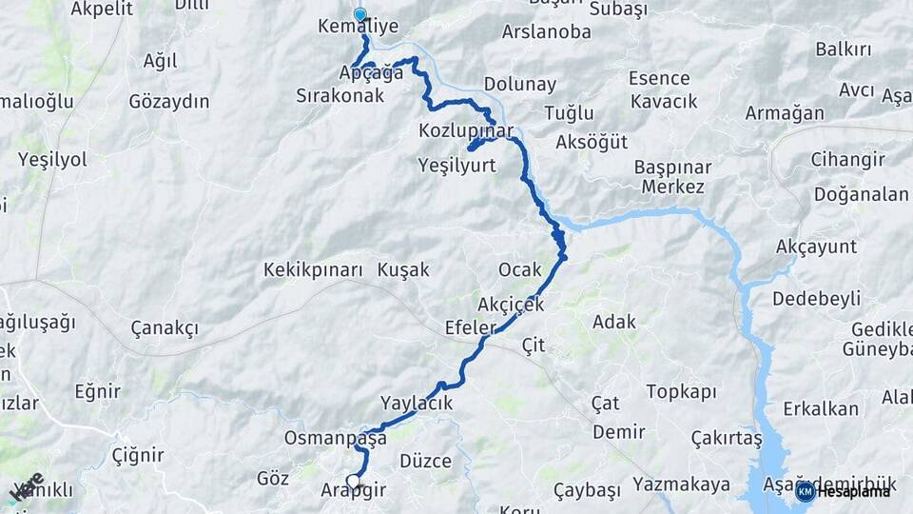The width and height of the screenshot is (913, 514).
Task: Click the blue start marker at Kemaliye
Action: point(359,14)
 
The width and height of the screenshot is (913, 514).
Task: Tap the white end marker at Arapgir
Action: point(354,482)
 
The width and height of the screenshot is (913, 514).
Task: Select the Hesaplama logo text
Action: point(853,491)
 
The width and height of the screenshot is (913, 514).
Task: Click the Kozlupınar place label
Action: point(466,130)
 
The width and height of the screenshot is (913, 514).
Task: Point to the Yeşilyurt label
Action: point(458,165)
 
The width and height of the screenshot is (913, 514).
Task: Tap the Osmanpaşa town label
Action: point(336,439)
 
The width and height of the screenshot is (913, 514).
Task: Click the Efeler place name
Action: point(471,327)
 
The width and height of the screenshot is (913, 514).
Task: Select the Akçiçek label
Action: point(511,305)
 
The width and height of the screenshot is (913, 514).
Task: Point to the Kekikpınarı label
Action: point(314,270)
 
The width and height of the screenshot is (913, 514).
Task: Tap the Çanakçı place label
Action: point(165,328)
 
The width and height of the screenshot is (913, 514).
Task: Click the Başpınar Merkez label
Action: point(673,177)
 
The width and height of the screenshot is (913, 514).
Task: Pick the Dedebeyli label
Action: point(816,298)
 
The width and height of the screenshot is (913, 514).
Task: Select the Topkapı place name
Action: point(681,391)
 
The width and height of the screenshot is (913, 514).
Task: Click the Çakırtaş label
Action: point(728,438)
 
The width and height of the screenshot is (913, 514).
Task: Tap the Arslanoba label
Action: point(546,31)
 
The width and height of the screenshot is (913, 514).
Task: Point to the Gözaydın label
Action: point(169,101)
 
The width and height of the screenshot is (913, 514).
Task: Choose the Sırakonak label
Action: point(340,95)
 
